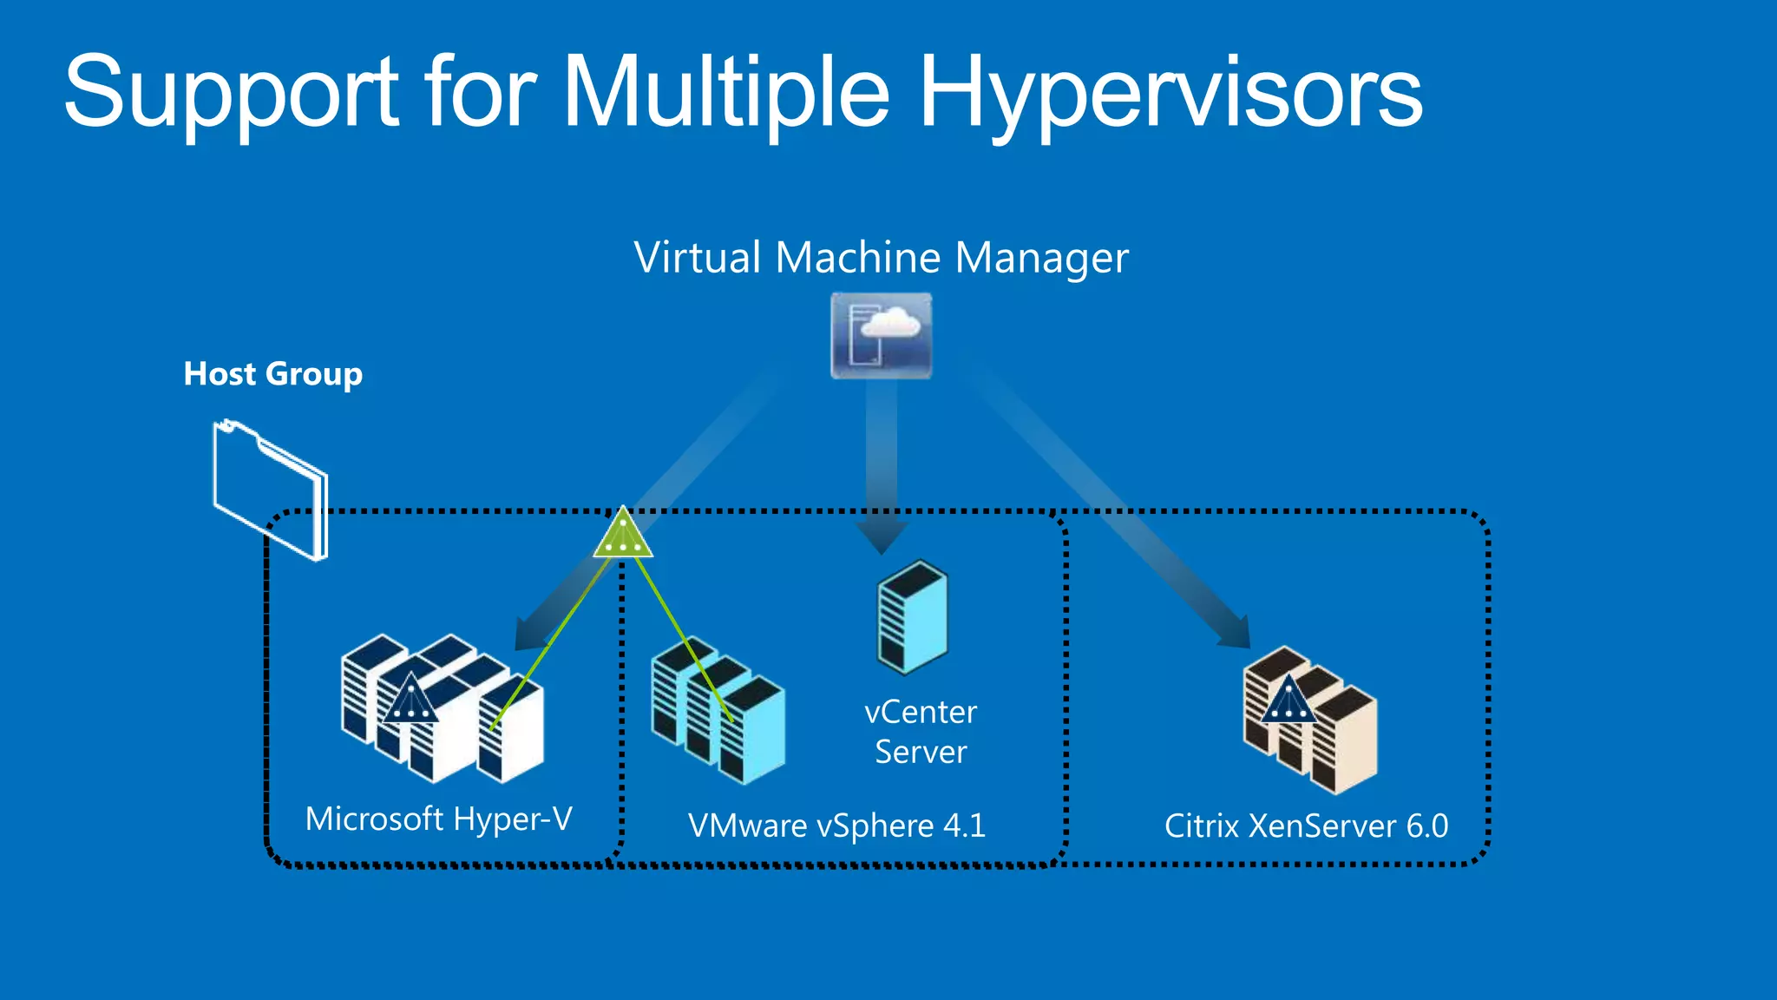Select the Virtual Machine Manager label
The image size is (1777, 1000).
(x=881, y=258)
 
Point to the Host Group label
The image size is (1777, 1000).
(x=272, y=374)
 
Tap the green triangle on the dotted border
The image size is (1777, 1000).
(x=623, y=535)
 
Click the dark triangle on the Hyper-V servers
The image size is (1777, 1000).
(x=410, y=700)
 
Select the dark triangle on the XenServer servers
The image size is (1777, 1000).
(x=1288, y=701)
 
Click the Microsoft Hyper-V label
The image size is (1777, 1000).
(x=438, y=819)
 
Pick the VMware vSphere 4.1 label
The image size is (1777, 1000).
(x=836, y=826)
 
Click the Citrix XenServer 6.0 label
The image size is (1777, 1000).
(x=1306, y=826)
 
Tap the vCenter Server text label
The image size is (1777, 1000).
(x=921, y=732)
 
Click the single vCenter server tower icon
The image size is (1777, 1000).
(x=912, y=617)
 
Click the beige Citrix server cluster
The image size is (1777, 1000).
(x=1310, y=720)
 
